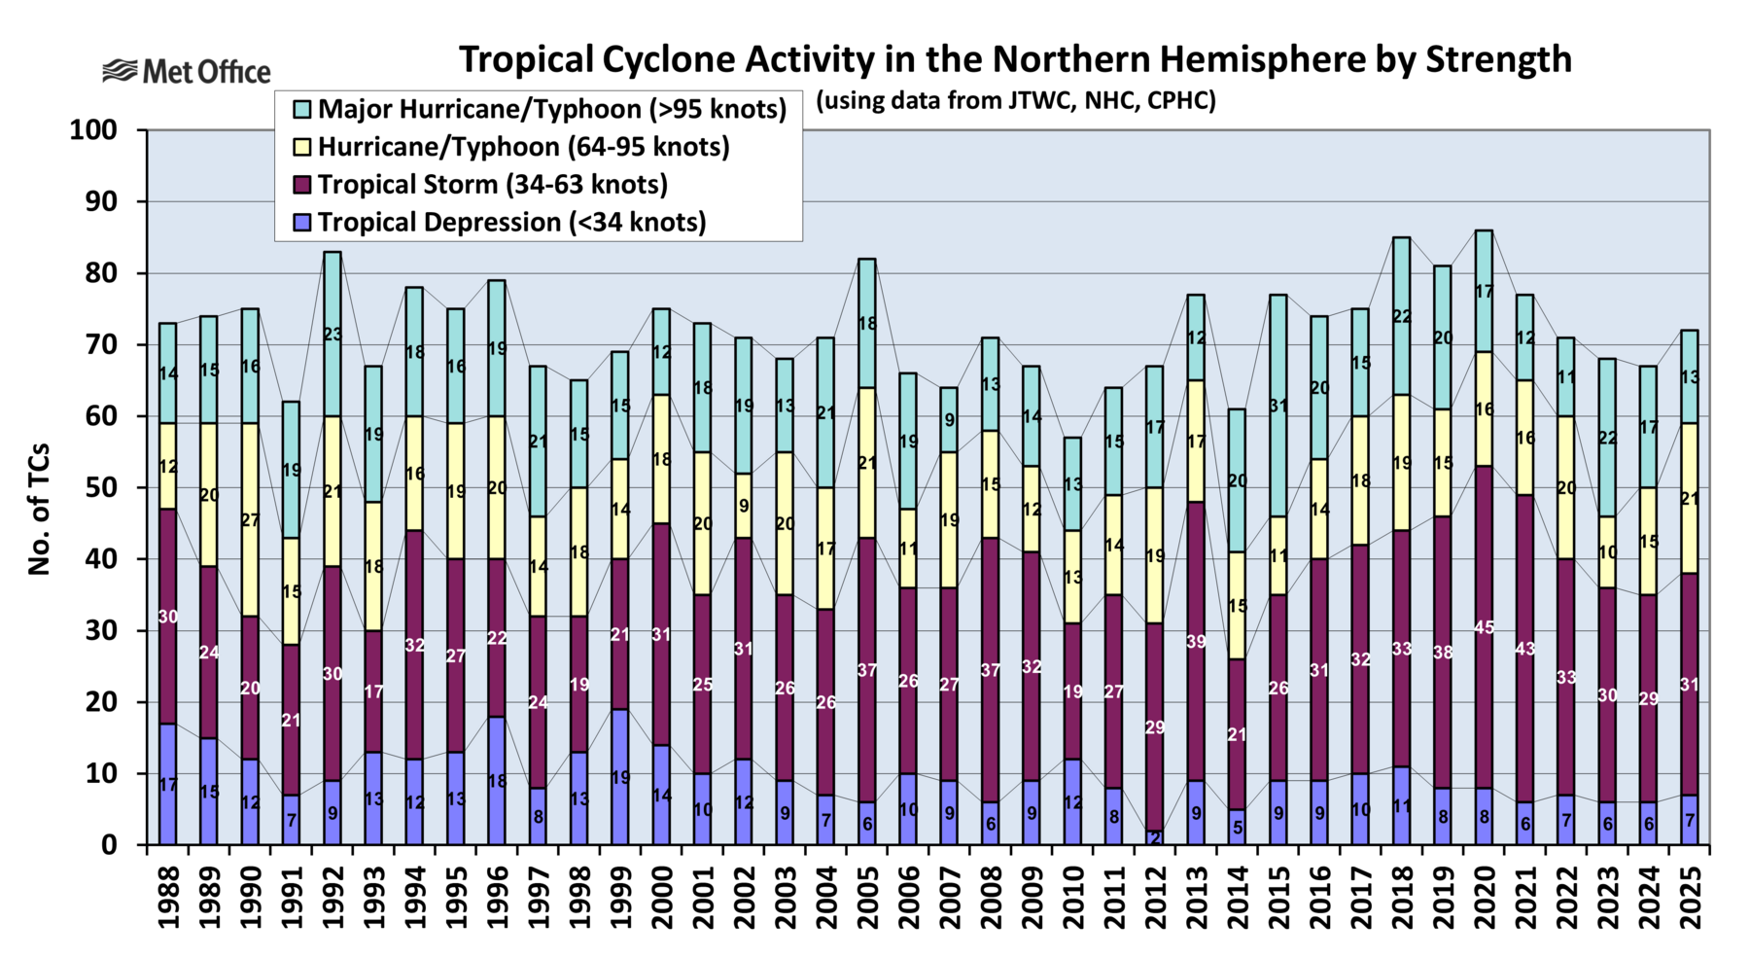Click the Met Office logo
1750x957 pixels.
point(187,71)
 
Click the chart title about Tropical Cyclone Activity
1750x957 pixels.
point(1014,59)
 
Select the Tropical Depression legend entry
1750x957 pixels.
point(511,222)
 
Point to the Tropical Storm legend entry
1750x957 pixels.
point(492,185)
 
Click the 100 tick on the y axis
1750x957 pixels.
point(93,130)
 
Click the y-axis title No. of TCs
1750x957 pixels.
point(39,510)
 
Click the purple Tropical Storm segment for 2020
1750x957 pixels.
point(1484,584)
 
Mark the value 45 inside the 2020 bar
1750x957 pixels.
point(1484,627)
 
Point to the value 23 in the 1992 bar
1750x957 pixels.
point(332,335)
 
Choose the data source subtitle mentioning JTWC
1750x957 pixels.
point(1015,101)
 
